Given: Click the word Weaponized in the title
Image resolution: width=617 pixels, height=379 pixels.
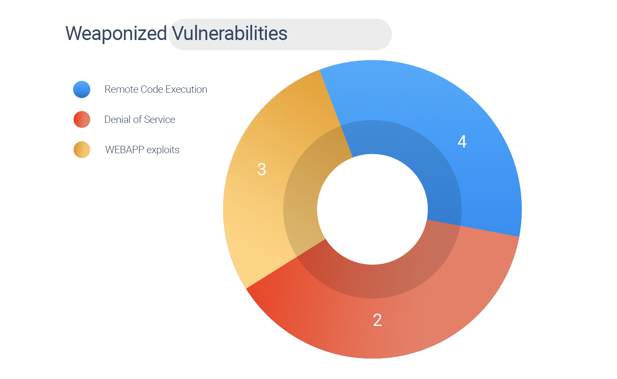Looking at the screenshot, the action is click(x=116, y=33).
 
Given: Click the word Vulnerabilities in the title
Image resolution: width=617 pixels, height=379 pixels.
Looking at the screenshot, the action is click(x=230, y=33).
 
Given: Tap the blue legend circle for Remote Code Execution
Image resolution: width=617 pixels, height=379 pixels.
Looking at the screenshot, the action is click(x=82, y=89).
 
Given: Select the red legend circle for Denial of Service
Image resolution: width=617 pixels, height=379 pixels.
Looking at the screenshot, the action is click(x=82, y=119).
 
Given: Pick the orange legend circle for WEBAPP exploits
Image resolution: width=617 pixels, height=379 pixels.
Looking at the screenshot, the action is click(x=82, y=150).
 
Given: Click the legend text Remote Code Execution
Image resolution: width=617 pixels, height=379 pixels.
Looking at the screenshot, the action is click(x=156, y=89).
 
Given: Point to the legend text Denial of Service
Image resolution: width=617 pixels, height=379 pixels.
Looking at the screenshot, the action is click(x=140, y=119).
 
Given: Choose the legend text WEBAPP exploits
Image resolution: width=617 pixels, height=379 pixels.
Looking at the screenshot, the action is click(x=142, y=150).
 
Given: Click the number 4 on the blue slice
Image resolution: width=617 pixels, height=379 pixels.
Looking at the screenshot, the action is click(x=462, y=141).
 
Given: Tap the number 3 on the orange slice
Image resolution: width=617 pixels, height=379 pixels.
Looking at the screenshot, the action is click(x=262, y=169).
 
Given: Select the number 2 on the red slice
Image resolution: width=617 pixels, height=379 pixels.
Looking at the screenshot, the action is click(x=378, y=320).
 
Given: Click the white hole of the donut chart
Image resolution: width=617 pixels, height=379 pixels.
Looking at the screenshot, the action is click(x=372, y=209).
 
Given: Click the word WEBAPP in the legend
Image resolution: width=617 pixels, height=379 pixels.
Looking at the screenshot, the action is click(x=125, y=150).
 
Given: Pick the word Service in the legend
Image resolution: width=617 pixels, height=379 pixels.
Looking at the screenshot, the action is click(x=159, y=119).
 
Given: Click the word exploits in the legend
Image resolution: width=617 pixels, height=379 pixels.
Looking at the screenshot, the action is click(x=163, y=150).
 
